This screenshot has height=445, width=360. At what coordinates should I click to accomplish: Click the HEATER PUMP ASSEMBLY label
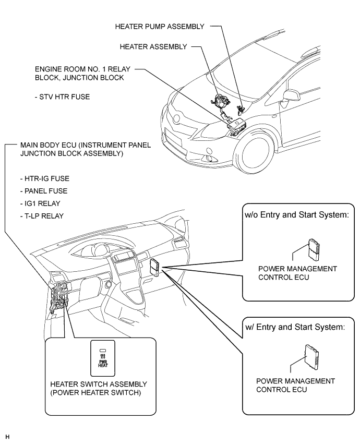(x=159, y=26)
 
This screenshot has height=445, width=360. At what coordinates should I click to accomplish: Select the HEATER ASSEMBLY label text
(x=153, y=47)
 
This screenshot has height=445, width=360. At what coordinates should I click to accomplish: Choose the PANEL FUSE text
(x=44, y=191)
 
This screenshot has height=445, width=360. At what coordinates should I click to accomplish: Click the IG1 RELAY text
(x=42, y=203)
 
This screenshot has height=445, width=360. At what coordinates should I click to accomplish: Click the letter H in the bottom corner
(x=7, y=436)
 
